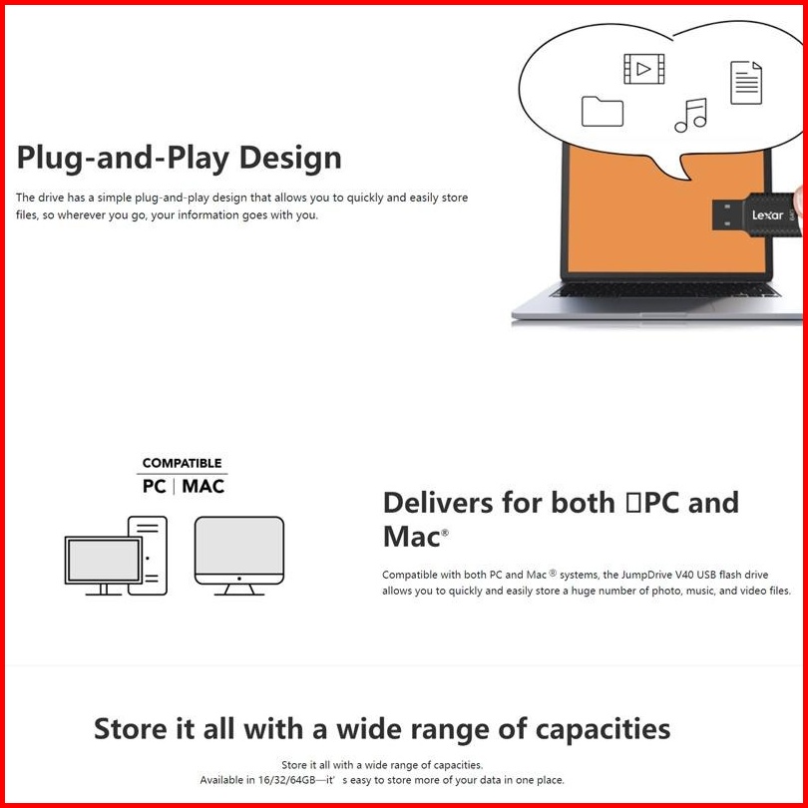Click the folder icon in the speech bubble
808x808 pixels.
click(x=602, y=111)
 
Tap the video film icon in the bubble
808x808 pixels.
click(x=643, y=68)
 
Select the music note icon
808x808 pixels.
click(x=690, y=115)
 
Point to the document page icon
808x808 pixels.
click(x=746, y=82)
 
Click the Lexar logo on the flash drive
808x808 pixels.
click(x=766, y=214)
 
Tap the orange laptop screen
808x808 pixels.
click(x=638, y=209)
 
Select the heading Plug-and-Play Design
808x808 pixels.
click(x=180, y=158)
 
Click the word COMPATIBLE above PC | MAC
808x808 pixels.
click(x=182, y=463)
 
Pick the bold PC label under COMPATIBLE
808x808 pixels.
click(x=155, y=487)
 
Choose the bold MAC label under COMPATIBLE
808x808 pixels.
click(x=202, y=487)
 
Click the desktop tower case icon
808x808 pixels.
click(x=148, y=555)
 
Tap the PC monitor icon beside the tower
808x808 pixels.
click(x=103, y=564)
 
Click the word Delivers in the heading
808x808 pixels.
click(x=437, y=502)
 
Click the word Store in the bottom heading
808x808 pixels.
click(x=132, y=728)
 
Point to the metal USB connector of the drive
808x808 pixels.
click(x=726, y=214)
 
